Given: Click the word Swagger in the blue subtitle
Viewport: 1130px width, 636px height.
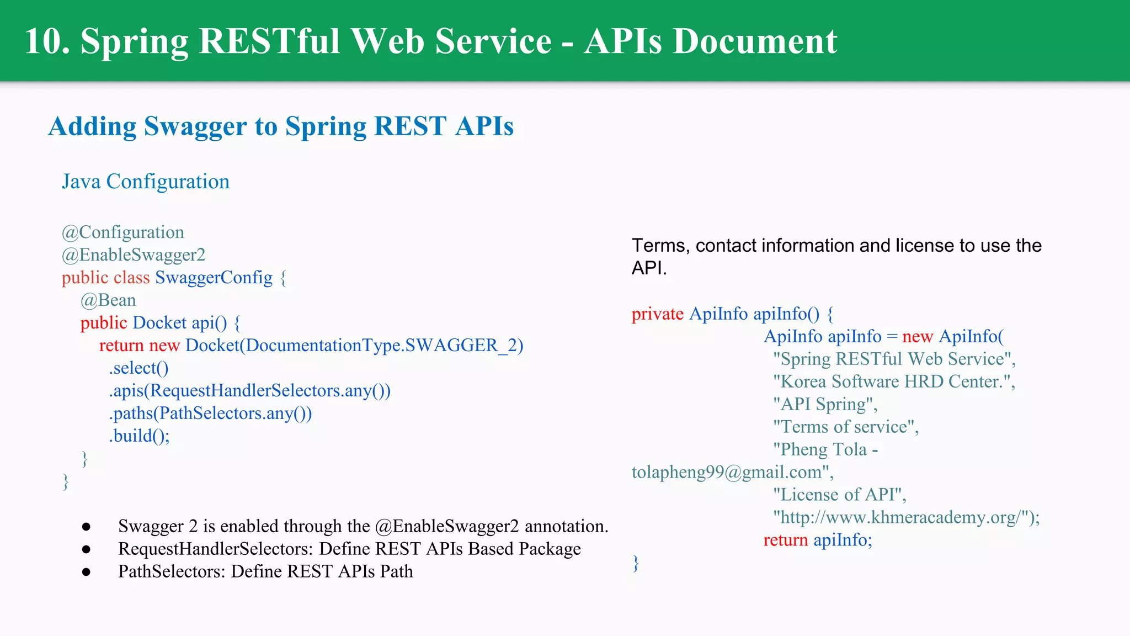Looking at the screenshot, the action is point(195,126).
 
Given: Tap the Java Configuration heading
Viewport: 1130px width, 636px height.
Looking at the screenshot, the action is point(146,182).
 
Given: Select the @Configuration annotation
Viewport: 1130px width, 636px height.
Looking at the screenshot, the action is point(123,232).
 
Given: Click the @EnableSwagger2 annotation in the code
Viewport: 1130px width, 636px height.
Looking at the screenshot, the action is point(134,255).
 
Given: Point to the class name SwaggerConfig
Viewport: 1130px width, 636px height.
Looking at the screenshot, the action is point(214,278).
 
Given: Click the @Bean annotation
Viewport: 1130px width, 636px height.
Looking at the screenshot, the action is point(108,300).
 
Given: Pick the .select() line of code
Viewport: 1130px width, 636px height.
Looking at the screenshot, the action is point(138,368).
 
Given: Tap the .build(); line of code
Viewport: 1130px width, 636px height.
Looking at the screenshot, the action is point(139,436).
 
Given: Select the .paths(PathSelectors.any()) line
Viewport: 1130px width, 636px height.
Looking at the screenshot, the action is point(210,414).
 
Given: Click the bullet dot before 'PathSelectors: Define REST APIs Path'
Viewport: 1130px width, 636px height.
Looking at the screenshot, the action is point(86,572).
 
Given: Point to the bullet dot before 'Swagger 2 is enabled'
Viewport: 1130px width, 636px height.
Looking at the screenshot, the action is point(86,527).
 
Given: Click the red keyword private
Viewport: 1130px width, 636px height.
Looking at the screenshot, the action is point(658,314).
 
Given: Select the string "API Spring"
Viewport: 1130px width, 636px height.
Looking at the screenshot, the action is point(824,405).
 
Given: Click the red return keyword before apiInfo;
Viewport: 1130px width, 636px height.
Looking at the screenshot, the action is point(786,540).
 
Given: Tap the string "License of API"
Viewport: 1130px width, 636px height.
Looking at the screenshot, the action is point(839,495).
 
